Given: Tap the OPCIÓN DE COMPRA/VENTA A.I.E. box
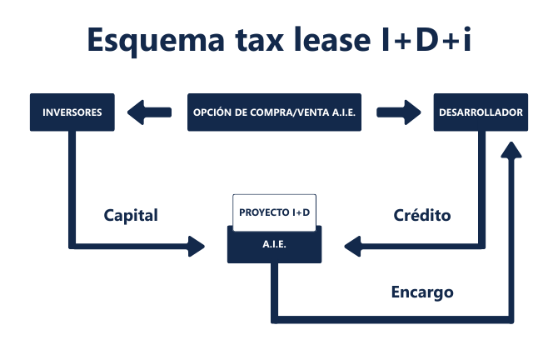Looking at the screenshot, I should click(x=275, y=112).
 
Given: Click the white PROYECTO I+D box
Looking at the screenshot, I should click(x=274, y=213).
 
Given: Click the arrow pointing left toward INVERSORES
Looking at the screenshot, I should click(x=149, y=112).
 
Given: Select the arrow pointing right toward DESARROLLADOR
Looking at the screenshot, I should click(x=400, y=112).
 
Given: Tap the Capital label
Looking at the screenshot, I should click(x=131, y=215).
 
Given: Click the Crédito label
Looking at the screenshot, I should click(x=421, y=215).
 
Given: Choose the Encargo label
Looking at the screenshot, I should click(x=422, y=292).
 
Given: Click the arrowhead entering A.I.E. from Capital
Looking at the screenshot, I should click(x=196, y=246).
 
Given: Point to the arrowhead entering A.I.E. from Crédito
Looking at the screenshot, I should click(x=353, y=246).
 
